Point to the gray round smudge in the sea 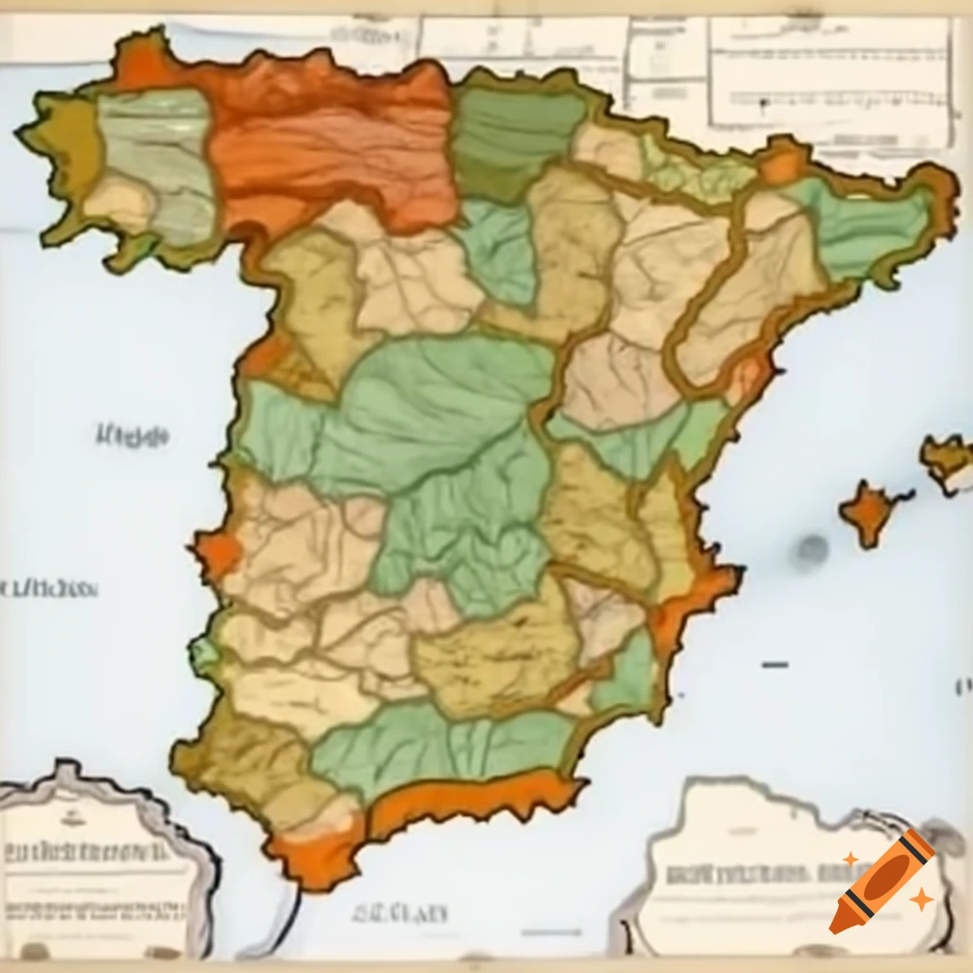point(812,548)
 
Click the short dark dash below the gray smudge point(774,664)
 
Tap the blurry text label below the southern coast point(399,914)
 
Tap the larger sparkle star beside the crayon point(920,898)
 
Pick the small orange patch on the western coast point(217,555)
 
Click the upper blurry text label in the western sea point(132,436)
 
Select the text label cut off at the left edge point(48,589)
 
